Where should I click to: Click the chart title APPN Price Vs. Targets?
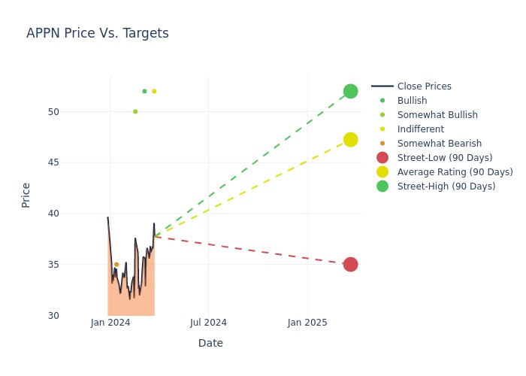[x=98, y=33]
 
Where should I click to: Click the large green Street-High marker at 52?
[x=350, y=91]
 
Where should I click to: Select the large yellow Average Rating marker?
[x=350, y=140]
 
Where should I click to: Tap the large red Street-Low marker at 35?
[x=350, y=264]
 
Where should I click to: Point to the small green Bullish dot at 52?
[x=144, y=91]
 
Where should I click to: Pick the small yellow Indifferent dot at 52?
[x=154, y=91]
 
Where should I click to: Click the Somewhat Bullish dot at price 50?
[x=135, y=111]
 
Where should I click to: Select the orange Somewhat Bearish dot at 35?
[x=116, y=265]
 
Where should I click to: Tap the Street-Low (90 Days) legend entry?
[x=445, y=158]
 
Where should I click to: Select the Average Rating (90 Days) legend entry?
[x=455, y=172]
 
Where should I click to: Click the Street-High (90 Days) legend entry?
[x=446, y=186]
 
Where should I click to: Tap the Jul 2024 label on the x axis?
[x=208, y=323]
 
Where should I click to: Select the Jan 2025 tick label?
[x=307, y=323]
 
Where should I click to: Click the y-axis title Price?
[x=26, y=195]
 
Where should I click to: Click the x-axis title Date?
[x=210, y=343]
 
